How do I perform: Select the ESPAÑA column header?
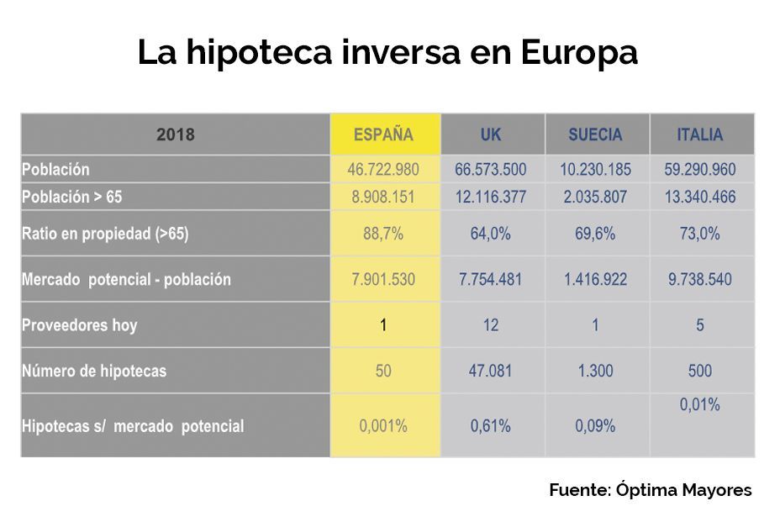click(x=383, y=134)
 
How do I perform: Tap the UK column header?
click(x=491, y=134)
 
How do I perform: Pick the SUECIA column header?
click(x=595, y=134)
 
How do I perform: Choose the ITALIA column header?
click(x=700, y=134)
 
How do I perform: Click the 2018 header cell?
click(x=175, y=134)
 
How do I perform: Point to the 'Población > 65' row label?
click(x=72, y=198)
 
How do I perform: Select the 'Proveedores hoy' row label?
click(x=79, y=325)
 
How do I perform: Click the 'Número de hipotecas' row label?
click(x=94, y=371)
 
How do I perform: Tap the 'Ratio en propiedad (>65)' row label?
click(x=105, y=235)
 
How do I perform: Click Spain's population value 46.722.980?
click(x=383, y=170)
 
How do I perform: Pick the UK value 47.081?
click(x=491, y=371)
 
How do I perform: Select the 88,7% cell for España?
click(x=383, y=235)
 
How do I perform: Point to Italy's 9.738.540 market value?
click(x=700, y=280)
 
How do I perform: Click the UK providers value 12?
click(x=491, y=325)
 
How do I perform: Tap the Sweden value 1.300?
click(x=595, y=371)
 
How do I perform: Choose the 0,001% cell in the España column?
click(x=383, y=426)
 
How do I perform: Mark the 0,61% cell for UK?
click(x=491, y=426)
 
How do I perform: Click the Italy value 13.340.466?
click(x=700, y=198)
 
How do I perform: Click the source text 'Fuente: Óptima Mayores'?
click(x=651, y=490)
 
